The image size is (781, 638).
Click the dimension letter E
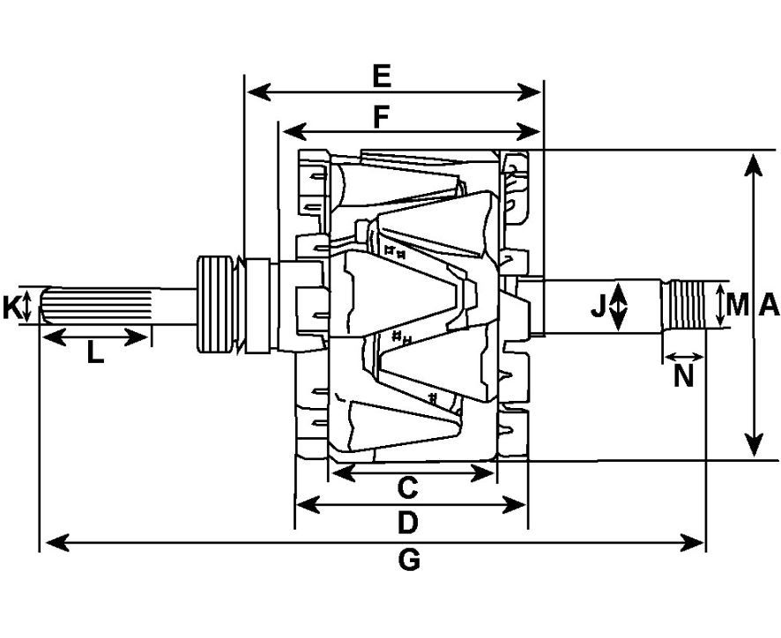(x=381, y=76)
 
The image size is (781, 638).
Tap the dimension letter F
(x=381, y=116)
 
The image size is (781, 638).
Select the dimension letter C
(x=406, y=486)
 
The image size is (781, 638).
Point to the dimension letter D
(x=406, y=523)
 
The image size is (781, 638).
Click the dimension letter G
(x=409, y=560)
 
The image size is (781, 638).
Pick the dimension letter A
(x=769, y=306)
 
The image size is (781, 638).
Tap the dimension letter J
(x=599, y=307)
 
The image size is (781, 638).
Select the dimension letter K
(x=11, y=307)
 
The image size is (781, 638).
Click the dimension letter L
(x=95, y=354)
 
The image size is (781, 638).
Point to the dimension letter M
(x=737, y=306)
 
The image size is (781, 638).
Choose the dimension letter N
(x=683, y=376)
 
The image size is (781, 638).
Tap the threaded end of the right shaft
(x=687, y=305)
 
